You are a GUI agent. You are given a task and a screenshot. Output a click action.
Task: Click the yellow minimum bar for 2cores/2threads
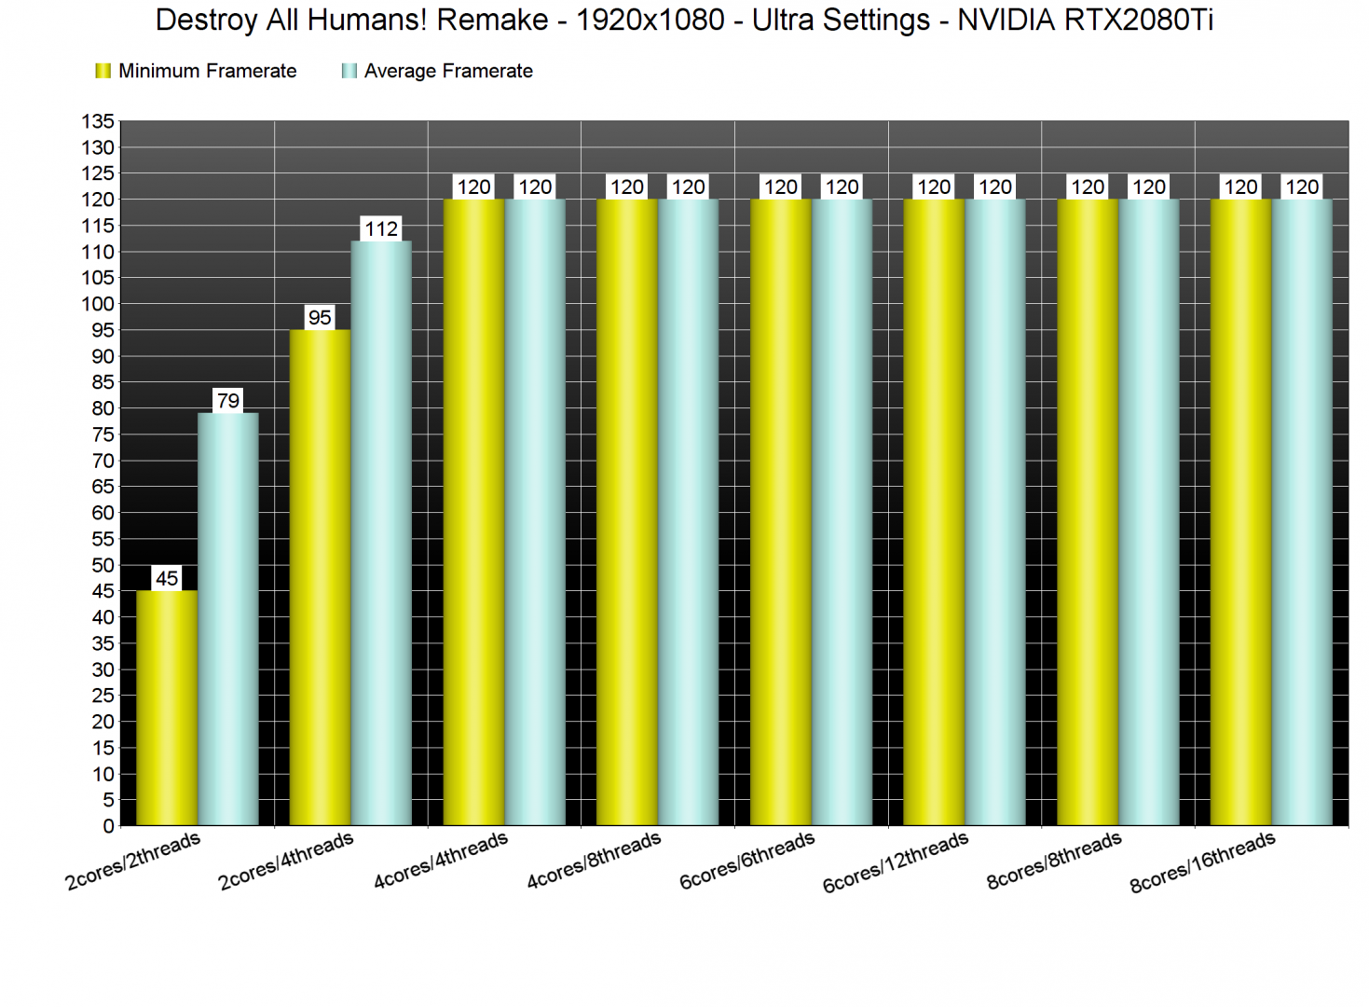tap(167, 708)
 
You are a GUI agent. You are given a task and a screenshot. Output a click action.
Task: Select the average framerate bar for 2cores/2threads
tap(227, 619)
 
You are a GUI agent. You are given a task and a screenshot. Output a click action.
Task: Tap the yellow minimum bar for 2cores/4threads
tap(320, 577)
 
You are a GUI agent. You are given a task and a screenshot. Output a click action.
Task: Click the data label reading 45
tap(167, 578)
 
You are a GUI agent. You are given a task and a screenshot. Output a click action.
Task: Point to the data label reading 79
tap(228, 401)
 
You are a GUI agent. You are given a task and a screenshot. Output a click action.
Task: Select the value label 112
tap(381, 228)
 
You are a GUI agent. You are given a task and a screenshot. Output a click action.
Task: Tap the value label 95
tap(320, 317)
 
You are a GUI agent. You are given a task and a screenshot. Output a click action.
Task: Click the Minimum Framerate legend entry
tap(197, 71)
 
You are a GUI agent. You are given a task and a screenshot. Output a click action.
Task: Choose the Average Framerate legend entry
tap(438, 71)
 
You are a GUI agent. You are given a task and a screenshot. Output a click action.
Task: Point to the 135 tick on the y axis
tap(98, 121)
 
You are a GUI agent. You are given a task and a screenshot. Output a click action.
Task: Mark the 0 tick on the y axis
tap(108, 826)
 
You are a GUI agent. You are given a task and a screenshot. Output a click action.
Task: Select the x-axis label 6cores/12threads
tap(896, 862)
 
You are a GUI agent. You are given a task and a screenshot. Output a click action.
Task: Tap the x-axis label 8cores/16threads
tap(1202, 862)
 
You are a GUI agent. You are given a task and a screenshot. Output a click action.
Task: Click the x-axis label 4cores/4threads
tap(441, 860)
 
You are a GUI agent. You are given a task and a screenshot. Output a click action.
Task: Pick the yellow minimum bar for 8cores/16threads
tap(1240, 512)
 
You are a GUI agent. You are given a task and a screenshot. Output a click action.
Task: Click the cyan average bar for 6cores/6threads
tap(842, 512)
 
